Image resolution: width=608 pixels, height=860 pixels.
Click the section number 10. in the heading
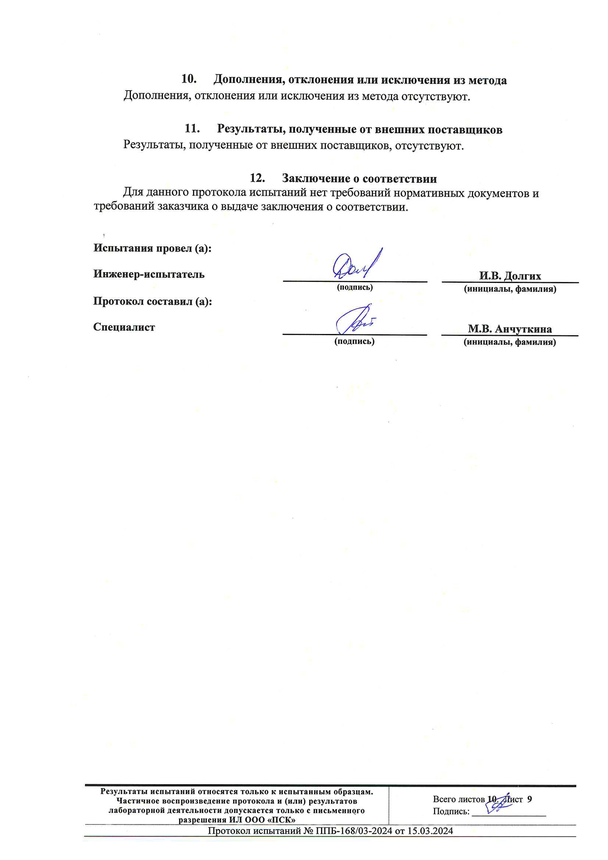coord(189,79)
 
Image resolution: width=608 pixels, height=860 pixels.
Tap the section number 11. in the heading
coord(192,129)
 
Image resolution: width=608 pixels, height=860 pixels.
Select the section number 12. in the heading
coord(257,178)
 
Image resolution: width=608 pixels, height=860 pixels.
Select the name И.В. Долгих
coord(510,276)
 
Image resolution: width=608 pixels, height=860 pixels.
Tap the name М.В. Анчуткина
coord(509,329)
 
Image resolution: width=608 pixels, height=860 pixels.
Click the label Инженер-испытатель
coord(149,274)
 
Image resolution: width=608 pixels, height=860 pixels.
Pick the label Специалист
coord(124,327)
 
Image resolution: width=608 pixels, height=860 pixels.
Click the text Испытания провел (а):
coord(153,248)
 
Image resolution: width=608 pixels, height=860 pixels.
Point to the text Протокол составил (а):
coord(153,301)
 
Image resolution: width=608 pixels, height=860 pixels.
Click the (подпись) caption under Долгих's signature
coord(355,287)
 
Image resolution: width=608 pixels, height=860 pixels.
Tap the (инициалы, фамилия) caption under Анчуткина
coord(509,342)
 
